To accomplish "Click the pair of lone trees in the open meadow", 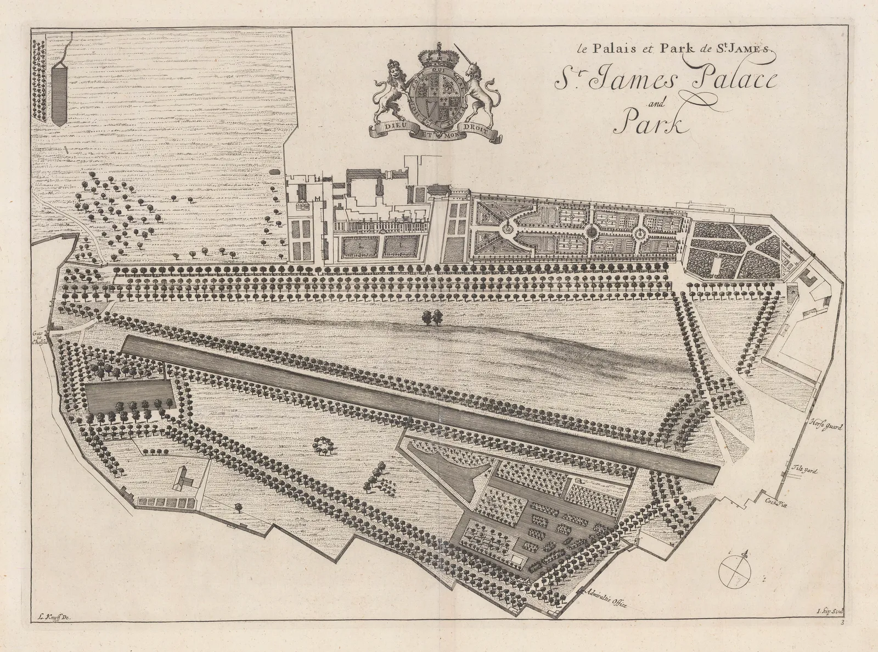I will click(x=432, y=317).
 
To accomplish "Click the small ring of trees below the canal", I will click(x=322, y=445).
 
